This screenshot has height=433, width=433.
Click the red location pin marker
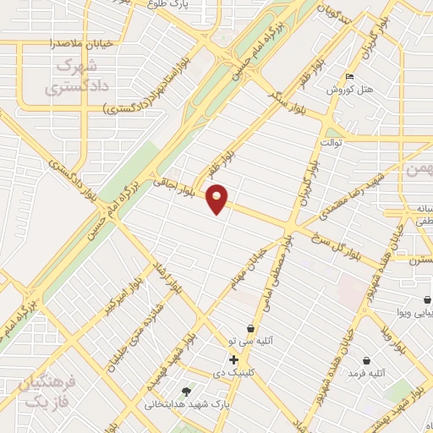(217, 199)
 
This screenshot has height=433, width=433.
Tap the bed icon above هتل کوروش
(350, 76)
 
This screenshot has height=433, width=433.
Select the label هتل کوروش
(345, 89)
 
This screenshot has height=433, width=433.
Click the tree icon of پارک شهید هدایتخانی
(186, 391)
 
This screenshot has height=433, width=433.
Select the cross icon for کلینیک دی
(234, 359)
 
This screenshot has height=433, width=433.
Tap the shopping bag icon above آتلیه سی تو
(250, 328)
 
